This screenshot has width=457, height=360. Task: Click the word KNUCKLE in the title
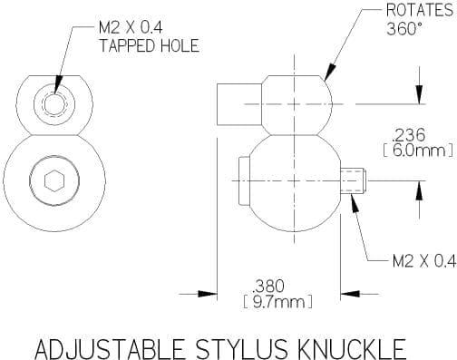[351, 349]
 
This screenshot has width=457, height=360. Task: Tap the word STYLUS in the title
[241, 349]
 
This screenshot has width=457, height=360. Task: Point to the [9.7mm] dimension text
[277, 302]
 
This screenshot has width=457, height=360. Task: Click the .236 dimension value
[408, 135]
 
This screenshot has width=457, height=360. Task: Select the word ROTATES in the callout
[420, 11]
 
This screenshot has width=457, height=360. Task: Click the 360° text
[404, 29]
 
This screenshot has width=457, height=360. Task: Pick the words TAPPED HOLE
[150, 45]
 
